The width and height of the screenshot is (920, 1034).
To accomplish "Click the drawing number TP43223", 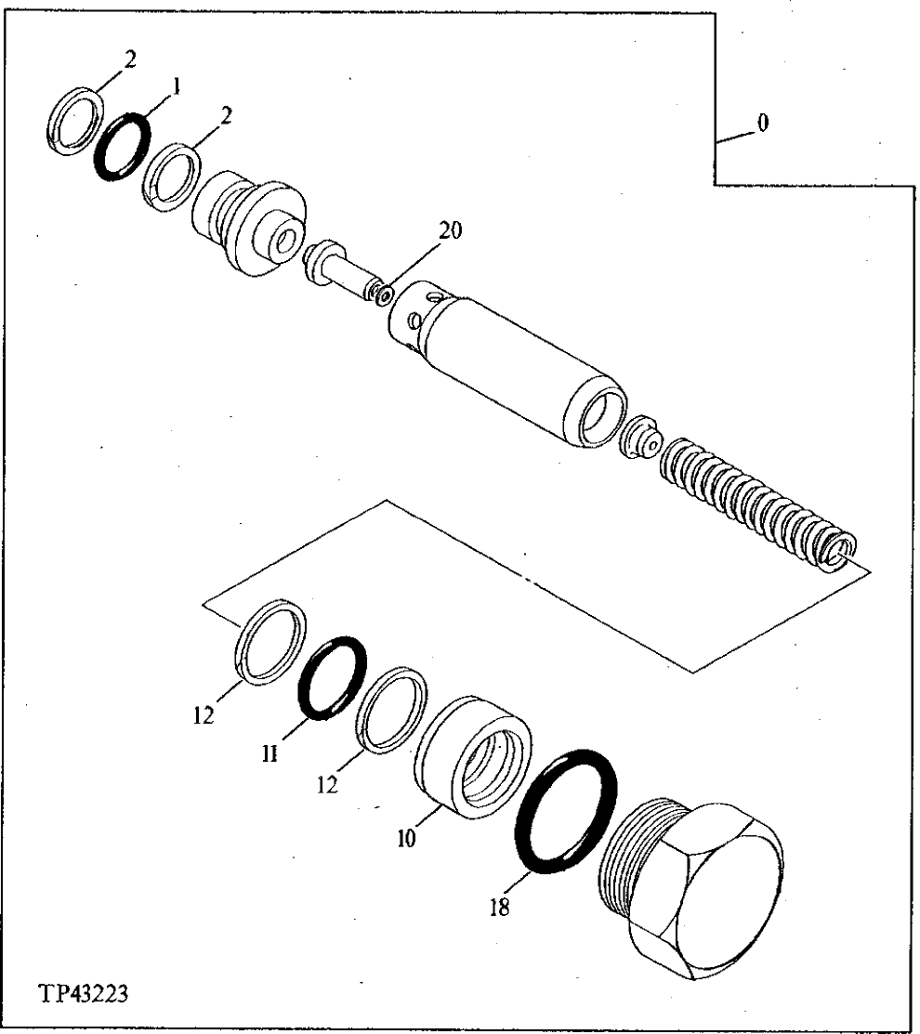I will click(83, 993).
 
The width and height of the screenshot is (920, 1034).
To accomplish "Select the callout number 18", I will click(500, 907).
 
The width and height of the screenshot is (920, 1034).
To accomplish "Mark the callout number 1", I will click(174, 87).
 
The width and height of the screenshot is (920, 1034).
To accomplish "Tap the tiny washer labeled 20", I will click(376, 294).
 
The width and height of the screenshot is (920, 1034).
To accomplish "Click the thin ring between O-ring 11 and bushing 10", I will click(391, 706).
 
